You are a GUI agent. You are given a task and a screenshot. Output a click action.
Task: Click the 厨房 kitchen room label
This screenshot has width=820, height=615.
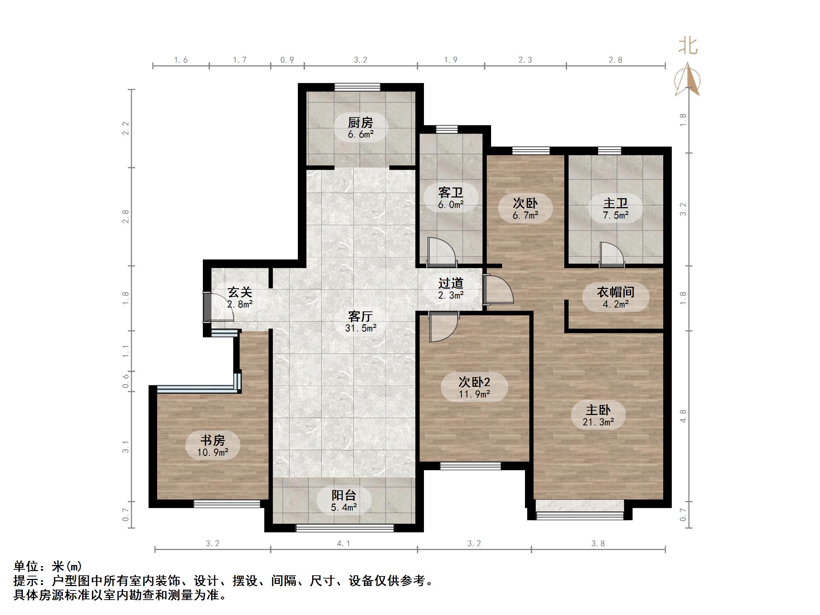click(360, 122)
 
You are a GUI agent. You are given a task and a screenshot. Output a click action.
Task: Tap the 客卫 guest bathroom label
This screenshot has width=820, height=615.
click(450, 192)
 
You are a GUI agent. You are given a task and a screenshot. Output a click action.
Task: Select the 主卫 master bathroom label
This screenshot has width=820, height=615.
click(615, 203)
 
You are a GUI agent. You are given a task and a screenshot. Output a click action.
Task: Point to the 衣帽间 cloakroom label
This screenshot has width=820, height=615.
click(615, 292)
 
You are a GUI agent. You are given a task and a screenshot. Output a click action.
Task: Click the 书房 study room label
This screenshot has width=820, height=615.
click(212, 440)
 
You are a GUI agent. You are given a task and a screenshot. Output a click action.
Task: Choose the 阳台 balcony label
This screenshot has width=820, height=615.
click(344, 495)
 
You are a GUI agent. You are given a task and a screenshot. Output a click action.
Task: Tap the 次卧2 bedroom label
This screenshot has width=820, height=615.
click(474, 382)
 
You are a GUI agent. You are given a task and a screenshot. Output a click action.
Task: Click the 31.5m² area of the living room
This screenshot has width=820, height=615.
click(361, 328)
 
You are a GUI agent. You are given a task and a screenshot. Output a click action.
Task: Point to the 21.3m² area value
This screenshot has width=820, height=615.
click(598, 422)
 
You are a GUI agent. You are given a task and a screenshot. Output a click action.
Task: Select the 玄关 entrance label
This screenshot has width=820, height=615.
click(240, 292)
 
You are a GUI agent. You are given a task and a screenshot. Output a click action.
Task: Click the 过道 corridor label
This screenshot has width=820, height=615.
click(450, 283)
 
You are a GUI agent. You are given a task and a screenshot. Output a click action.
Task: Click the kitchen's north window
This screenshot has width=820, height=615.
click(357, 87)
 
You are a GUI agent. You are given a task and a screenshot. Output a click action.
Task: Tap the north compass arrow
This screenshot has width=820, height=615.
click(687, 80)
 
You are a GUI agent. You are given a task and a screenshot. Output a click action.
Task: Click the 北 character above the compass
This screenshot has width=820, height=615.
click(687, 46)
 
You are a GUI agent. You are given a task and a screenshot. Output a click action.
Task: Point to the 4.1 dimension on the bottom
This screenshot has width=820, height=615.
click(344, 544)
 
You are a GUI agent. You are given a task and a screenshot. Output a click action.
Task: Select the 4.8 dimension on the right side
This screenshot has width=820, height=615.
click(683, 416)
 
